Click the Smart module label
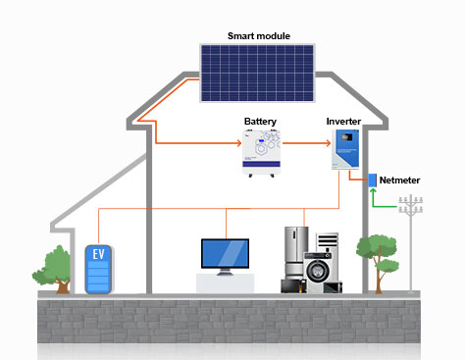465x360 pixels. pos(258,36)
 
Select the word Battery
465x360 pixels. pos(260,122)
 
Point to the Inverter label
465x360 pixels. pos(343,122)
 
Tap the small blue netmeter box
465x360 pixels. pos(373,180)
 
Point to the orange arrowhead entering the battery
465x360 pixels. pos(238,143)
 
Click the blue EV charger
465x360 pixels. pos(97,270)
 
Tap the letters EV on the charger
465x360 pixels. pos(97,254)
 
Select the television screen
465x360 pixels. pos(226,253)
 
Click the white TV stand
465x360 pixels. pos(226,283)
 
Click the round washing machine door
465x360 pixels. pos(318,271)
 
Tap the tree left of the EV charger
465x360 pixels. pos(56,266)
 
